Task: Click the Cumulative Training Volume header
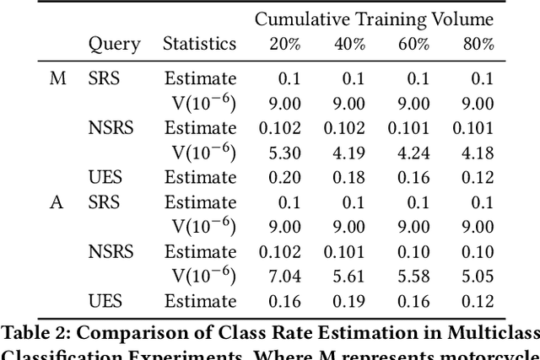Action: (374, 19)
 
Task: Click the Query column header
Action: (115, 45)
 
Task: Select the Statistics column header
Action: (200, 45)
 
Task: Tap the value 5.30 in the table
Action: (279, 153)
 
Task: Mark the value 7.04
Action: (279, 277)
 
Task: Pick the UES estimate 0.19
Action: (348, 302)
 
